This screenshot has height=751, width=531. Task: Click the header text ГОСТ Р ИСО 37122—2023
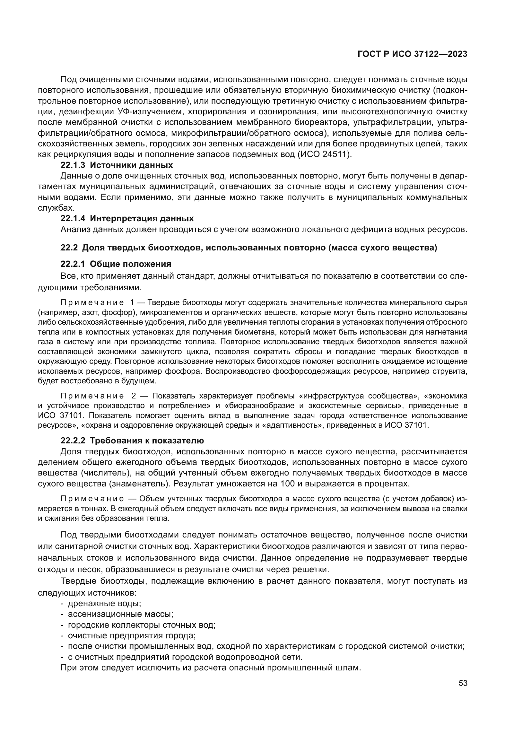coord(412,54)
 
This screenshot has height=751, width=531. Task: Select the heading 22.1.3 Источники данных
coord(117,165)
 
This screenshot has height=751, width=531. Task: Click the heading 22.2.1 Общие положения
coord(116,264)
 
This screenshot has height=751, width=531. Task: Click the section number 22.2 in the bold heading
coord(69,248)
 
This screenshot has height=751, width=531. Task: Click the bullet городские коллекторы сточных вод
coord(142,624)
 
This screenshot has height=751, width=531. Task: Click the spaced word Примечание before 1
coord(92,302)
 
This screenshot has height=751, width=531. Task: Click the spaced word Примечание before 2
coord(92,396)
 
